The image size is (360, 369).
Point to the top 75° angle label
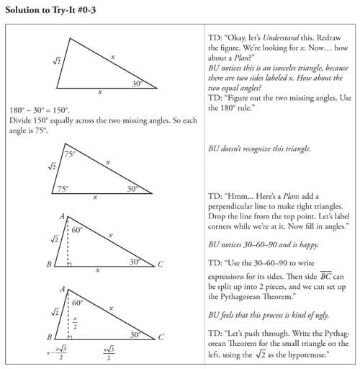point(69,154)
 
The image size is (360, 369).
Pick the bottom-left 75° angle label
point(63,188)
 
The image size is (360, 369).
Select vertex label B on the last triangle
point(48,337)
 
